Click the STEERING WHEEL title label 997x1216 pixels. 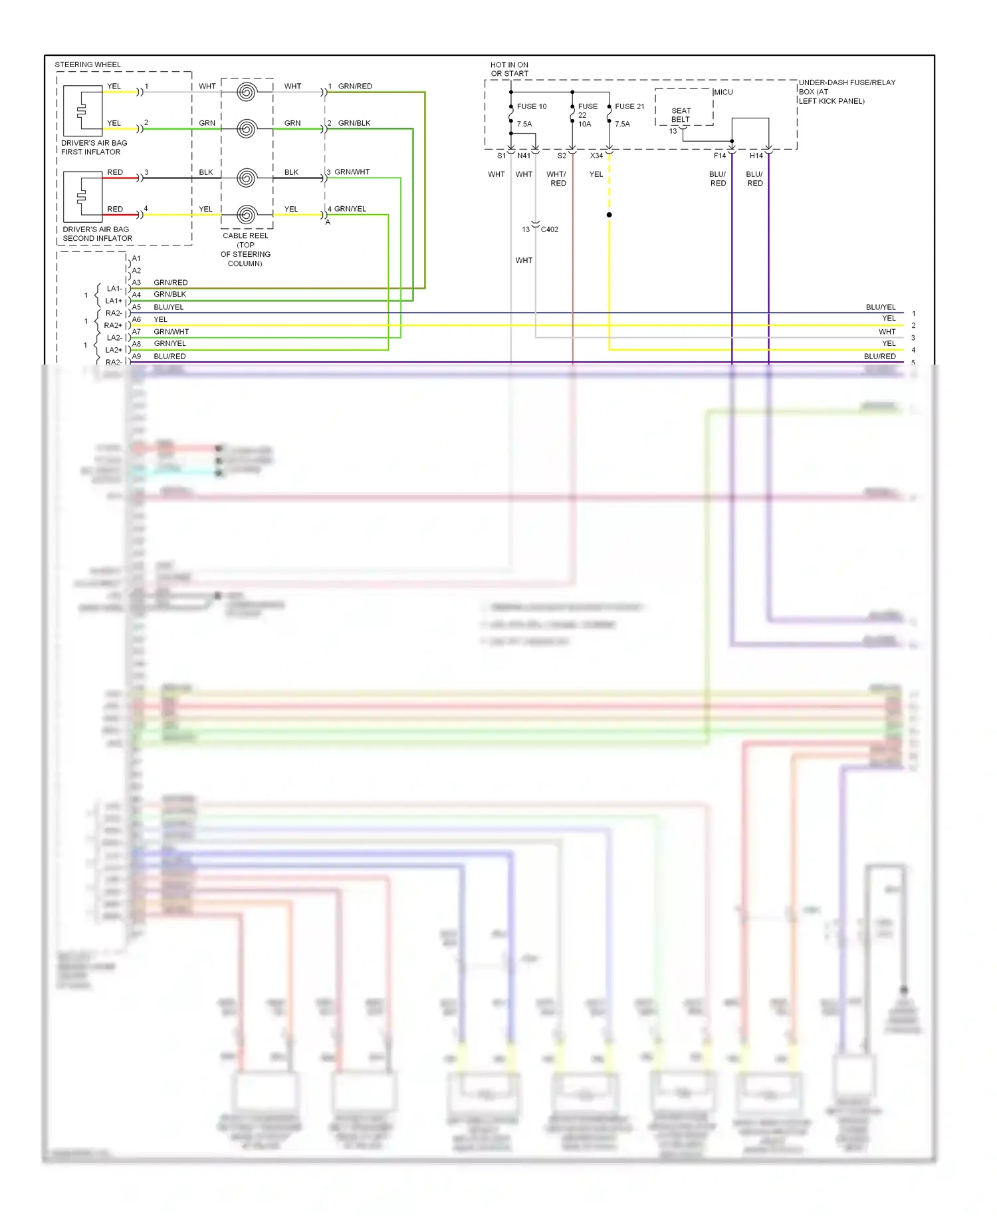coord(88,65)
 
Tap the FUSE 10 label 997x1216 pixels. coord(531,106)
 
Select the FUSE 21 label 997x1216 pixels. coord(629,106)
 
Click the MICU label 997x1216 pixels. coord(723,92)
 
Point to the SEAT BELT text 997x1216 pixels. coord(681,115)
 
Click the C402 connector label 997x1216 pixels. coord(550,229)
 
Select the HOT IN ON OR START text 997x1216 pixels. coord(509,69)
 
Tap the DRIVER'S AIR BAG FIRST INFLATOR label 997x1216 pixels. coord(94,148)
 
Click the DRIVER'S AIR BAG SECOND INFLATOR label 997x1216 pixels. coord(96,233)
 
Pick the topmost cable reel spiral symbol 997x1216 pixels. coord(247,92)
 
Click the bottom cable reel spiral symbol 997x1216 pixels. coord(247,215)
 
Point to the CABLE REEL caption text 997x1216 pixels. coord(245,249)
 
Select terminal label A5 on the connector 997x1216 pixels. coord(136,307)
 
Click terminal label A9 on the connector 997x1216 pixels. coord(136,357)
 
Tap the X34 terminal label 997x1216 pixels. coord(596,156)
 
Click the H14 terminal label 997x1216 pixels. coord(756,156)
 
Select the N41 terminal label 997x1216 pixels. coord(524,156)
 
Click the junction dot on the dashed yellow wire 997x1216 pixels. coord(609,215)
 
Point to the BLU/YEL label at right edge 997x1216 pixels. coord(880,307)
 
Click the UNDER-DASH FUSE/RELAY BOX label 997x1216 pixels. coord(846,92)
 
